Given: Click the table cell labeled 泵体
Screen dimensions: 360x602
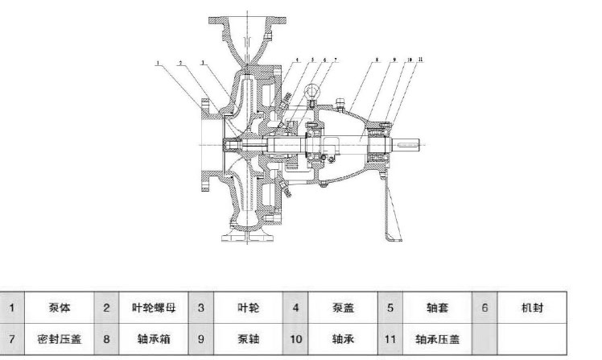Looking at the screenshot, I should click(60, 308).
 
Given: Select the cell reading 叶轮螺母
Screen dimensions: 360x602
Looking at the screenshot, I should click(154, 308).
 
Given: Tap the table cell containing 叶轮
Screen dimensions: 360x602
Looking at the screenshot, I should click(247, 308).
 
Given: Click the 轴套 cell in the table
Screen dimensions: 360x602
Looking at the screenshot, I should click(435, 308).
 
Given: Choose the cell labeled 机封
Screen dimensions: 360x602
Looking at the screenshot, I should click(532, 308).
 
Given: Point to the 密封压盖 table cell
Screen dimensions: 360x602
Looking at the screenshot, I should click(60, 339).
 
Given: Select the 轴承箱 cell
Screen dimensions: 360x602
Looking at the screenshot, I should click(154, 339).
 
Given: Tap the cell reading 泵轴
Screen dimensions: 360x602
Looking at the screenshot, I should click(247, 339).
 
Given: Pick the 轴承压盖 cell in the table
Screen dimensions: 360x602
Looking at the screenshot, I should click(435, 339).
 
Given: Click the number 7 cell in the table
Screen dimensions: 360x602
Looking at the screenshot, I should click(13, 339).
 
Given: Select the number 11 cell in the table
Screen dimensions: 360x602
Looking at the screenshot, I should click(390, 339).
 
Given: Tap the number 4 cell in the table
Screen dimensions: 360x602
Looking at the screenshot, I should click(296, 308).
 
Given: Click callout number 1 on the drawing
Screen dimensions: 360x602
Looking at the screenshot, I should click(159, 61).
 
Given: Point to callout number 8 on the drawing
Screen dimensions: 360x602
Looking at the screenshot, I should click(377, 60).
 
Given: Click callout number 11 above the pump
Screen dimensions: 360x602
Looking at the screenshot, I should click(422, 60).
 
